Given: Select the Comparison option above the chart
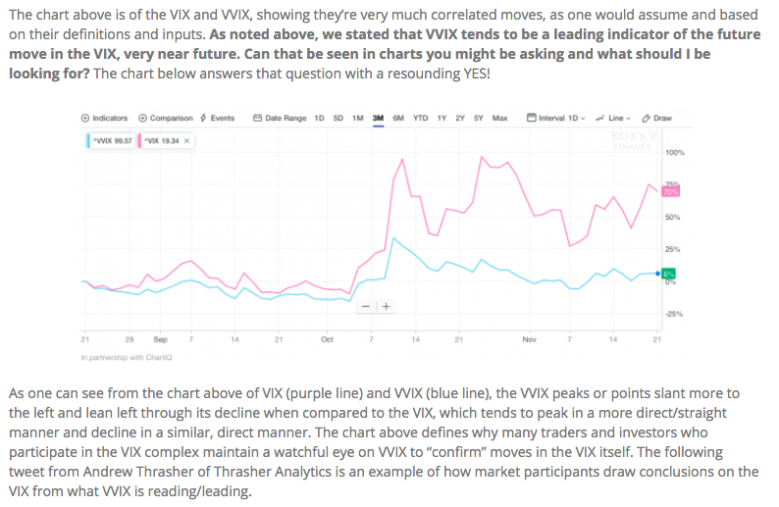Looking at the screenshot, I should click(168, 118).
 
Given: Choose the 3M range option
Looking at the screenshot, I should click(379, 118).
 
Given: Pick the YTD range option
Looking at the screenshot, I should click(421, 118).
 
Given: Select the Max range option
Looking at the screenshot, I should click(499, 118).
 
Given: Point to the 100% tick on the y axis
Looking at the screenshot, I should click(675, 154).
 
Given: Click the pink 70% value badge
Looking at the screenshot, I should click(672, 191).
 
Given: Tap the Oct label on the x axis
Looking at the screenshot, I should click(327, 339).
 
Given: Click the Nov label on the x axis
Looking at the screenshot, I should click(530, 339).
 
